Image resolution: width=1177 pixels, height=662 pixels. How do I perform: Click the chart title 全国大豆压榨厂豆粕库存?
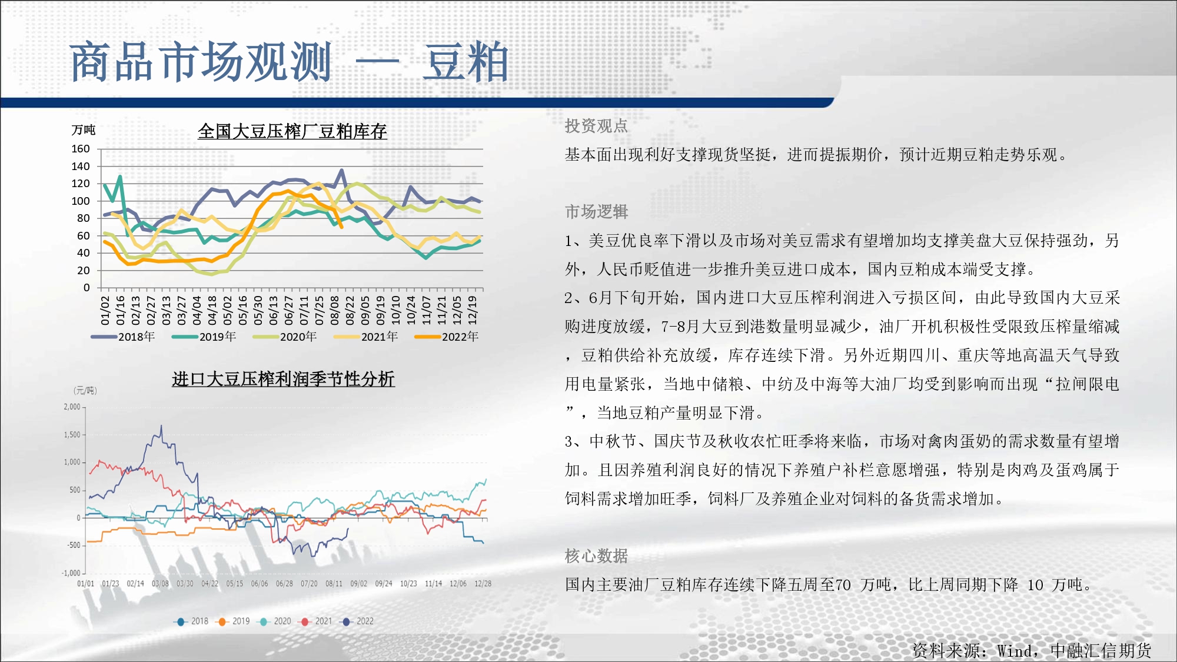292,131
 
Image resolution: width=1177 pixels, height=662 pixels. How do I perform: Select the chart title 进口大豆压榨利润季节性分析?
283,379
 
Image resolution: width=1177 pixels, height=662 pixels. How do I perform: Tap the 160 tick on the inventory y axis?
81,149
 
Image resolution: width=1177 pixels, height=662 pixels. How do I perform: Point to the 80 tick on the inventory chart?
84,218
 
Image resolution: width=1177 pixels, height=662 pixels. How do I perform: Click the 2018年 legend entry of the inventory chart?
123,337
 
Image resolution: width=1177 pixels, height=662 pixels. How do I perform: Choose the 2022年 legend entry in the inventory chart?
447,337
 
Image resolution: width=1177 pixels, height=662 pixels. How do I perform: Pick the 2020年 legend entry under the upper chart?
285,337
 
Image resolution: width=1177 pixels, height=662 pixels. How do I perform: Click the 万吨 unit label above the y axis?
84,129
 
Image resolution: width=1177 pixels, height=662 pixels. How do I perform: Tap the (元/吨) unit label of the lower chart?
85,390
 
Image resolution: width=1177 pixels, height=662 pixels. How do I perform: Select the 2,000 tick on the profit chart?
72,407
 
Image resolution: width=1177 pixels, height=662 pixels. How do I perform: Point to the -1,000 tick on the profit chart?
71,573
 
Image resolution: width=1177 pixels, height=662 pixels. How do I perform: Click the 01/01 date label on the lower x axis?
86,584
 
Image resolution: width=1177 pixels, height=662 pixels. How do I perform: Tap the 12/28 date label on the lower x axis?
483,584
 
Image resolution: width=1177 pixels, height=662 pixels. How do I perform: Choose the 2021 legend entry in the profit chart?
317,621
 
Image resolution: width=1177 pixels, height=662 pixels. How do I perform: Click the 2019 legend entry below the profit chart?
234,621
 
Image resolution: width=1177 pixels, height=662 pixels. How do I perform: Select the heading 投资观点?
596,125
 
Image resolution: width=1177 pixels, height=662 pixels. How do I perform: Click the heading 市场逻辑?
596,211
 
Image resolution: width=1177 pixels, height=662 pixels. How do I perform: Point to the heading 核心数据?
596,555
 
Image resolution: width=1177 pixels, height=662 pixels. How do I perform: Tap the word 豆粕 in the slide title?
466,62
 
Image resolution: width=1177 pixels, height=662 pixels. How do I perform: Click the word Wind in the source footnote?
1015,651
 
